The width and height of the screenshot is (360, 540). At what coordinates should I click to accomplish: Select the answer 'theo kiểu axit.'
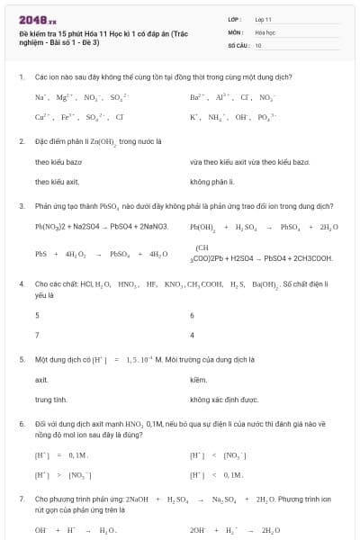[58, 181]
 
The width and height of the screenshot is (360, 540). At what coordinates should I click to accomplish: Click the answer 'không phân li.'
[212, 181]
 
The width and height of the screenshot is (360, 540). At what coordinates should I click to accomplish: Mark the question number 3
[21, 205]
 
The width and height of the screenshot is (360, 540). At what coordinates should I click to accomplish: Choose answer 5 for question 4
[37, 315]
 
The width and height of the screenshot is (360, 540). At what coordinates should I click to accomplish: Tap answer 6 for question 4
[193, 315]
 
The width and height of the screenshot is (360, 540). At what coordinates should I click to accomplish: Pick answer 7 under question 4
[37, 335]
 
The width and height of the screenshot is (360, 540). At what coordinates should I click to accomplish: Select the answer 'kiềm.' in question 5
[199, 380]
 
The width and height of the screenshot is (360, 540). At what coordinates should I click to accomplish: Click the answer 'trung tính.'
[51, 400]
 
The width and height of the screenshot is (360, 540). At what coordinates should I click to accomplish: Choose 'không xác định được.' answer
[224, 400]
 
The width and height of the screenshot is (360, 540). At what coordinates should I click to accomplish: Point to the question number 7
[21, 498]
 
